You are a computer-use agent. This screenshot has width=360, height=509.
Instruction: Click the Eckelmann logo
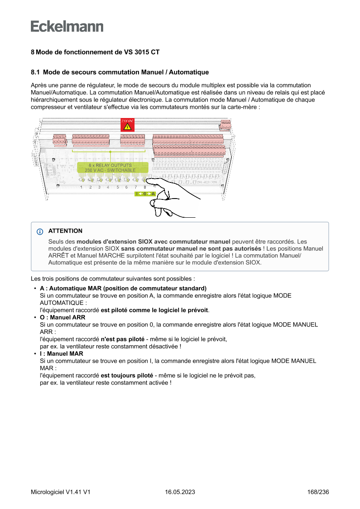coord(67,27)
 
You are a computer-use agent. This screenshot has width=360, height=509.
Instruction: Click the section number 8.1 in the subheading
coord(35,72)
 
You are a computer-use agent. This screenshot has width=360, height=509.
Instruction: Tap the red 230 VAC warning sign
coord(127,125)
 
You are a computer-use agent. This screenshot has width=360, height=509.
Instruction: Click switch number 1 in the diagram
coord(81,179)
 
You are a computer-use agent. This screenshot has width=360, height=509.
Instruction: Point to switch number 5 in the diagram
coord(118,179)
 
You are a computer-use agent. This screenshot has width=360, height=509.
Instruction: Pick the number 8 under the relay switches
coord(145,187)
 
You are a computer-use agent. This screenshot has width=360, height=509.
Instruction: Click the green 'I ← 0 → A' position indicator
coord(145,194)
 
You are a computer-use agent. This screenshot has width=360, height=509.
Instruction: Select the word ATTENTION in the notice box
coord(65,231)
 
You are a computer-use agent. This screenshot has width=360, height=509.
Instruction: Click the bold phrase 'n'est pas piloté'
coord(122,339)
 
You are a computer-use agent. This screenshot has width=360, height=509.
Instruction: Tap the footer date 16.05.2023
coord(180,492)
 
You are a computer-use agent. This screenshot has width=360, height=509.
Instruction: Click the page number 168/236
coord(318,492)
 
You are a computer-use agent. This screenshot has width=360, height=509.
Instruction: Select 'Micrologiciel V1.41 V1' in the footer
coord(61,492)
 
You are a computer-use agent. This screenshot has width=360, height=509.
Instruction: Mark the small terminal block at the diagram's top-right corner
coord(225,125)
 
